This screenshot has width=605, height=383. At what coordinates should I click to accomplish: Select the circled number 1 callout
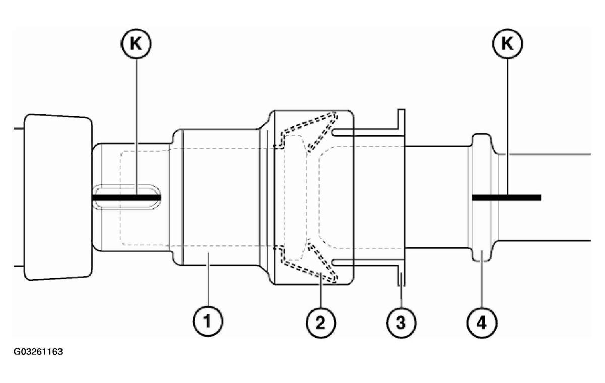207,320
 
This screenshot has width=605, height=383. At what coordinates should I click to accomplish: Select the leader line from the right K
507,126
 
